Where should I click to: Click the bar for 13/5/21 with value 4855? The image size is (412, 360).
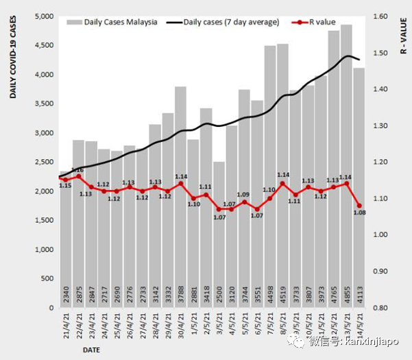[x=346, y=165]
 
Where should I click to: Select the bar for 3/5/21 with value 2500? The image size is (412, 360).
[x=219, y=233]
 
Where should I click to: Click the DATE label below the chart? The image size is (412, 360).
[x=92, y=350]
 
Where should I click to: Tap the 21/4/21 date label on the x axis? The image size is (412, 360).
[x=66, y=328]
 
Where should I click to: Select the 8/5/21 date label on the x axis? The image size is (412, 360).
[x=283, y=330]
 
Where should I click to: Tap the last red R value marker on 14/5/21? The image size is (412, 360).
[x=359, y=205]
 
